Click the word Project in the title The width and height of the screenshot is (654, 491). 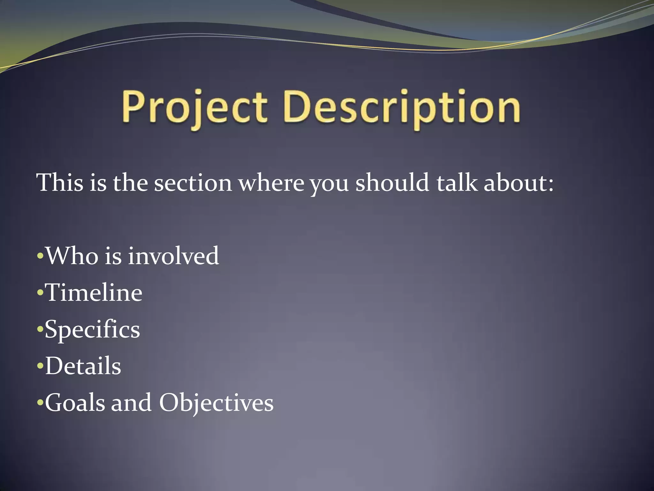pyautogui.click(x=194, y=107)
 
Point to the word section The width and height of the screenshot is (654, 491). pyautogui.click(x=193, y=183)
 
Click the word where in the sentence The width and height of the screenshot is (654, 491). pyautogui.click(x=271, y=183)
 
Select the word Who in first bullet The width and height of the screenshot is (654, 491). pyautogui.click(x=72, y=256)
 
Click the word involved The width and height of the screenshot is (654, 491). pyautogui.click(x=173, y=256)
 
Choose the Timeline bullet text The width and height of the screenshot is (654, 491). pyautogui.click(x=93, y=292)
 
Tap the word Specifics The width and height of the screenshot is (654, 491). pyautogui.click(x=92, y=330)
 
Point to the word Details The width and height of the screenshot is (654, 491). pyautogui.click(x=83, y=366)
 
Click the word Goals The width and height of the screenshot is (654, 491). pyautogui.click(x=75, y=403)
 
